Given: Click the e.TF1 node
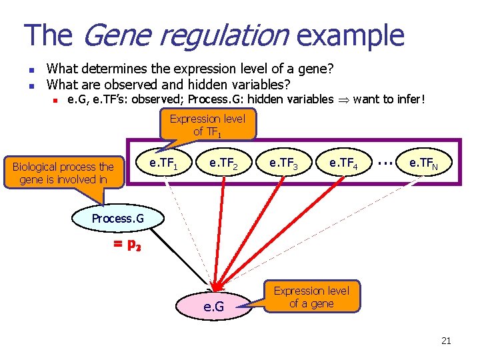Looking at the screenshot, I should click(163, 163).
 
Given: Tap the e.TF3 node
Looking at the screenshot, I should click(283, 163).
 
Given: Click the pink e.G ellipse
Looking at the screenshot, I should click(213, 307).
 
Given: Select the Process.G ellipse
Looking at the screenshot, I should click(117, 219).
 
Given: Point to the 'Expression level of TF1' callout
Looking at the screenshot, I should click(207, 125).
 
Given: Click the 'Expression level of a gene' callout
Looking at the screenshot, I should click(311, 297).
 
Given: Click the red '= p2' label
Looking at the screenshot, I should click(127, 245).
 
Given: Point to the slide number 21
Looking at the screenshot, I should click(446, 341).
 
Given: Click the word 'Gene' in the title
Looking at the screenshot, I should click(115, 35).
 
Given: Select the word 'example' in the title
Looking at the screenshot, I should click(349, 35).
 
